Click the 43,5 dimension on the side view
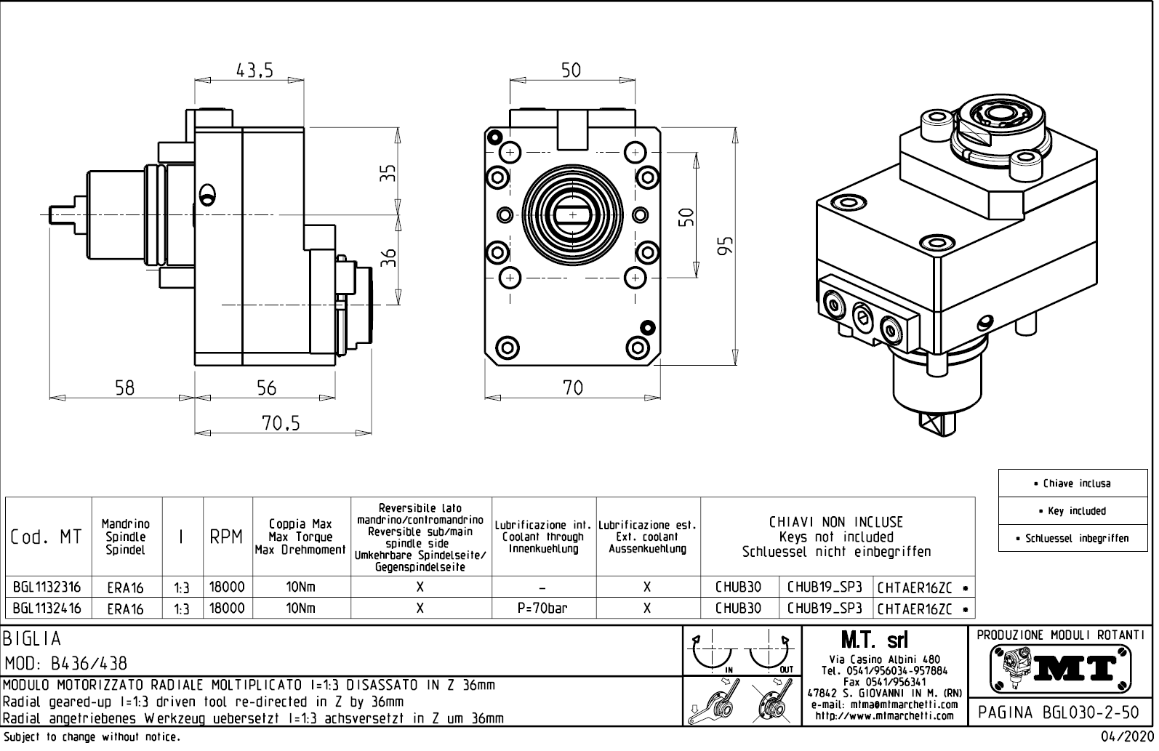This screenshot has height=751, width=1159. pyautogui.click(x=254, y=71)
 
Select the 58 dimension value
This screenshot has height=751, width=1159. pyautogui.click(x=125, y=387)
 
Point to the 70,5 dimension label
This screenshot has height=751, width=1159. pyautogui.click(x=281, y=423)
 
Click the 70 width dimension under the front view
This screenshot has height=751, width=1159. pyautogui.click(x=573, y=388)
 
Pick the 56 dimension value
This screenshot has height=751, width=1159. pyautogui.click(x=267, y=387)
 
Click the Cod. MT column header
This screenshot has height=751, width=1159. pyautogui.click(x=47, y=538)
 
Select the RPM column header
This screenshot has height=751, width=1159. pyautogui.click(x=226, y=538)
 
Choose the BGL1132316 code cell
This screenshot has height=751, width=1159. pyautogui.click(x=47, y=587)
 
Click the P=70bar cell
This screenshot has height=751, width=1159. pyautogui.click(x=543, y=609)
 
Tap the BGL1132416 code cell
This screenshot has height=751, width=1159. pyautogui.click(x=47, y=609)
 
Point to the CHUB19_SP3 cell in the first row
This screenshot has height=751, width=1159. pyautogui.click(x=825, y=587)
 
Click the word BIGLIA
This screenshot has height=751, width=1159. pyautogui.click(x=33, y=639)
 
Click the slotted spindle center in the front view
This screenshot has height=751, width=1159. pyautogui.click(x=572, y=215)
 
